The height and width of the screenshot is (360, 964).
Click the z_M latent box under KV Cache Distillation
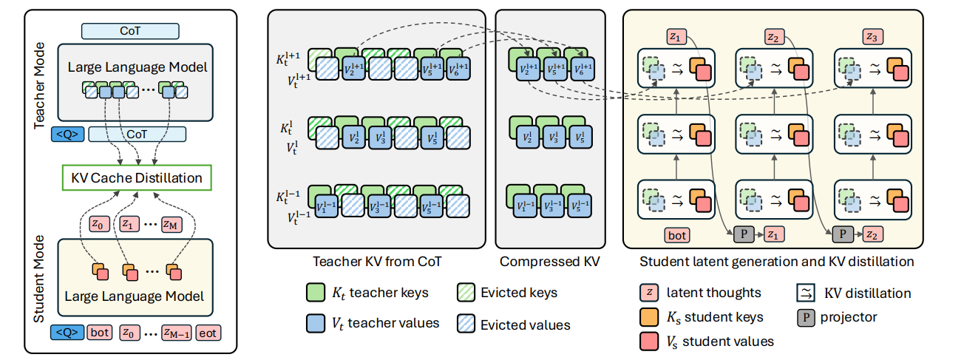(x=171, y=223)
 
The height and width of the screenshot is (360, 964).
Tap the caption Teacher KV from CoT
(x=378, y=262)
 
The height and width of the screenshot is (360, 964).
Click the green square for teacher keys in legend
(x=316, y=293)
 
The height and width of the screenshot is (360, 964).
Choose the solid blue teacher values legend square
(x=316, y=322)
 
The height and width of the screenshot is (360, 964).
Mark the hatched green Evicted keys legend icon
(x=466, y=293)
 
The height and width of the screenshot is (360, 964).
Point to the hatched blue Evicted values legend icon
(x=466, y=323)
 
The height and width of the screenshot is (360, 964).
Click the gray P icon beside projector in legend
(x=806, y=317)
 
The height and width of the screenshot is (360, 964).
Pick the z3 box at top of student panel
(x=873, y=35)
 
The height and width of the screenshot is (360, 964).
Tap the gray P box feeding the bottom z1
(x=744, y=236)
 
